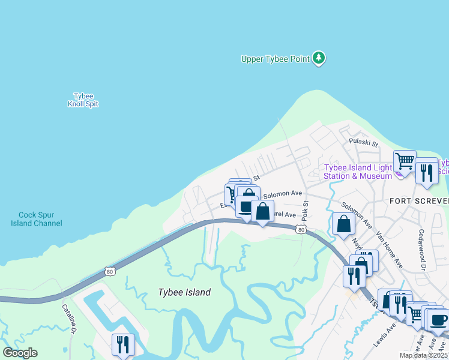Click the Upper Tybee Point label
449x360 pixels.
(275, 59)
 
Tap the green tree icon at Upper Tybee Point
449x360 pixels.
(319, 58)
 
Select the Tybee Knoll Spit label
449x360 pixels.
(83, 100)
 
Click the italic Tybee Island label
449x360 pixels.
(184, 292)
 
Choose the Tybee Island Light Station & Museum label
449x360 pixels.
(358, 172)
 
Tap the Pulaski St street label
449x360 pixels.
(364, 144)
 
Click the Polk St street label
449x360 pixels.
(305, 211)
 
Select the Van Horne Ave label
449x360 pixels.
(388, 248)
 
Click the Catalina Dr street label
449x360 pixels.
(69, 318)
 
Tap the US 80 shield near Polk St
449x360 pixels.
(301, 229)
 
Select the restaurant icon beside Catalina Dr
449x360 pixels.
(123, 344)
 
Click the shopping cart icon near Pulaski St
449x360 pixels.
(405, 160)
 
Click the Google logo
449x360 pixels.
(20, 353)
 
